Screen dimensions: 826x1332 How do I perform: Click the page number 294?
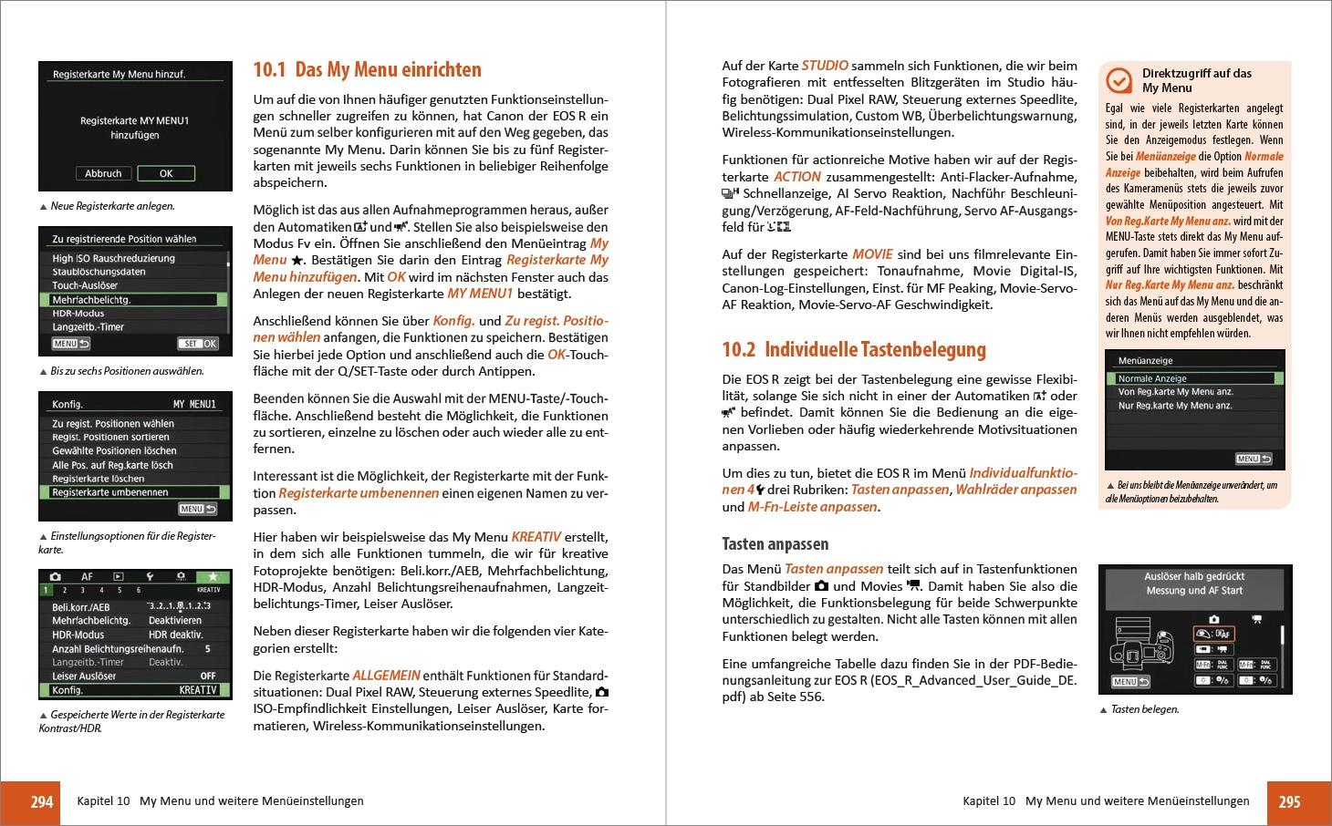(42, 802)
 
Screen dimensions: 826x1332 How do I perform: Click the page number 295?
(1288, 802)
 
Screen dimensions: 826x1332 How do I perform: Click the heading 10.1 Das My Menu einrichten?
(367, 70)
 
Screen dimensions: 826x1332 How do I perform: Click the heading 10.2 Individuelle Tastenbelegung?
(854, 350)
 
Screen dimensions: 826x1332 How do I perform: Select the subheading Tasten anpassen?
(775, 544)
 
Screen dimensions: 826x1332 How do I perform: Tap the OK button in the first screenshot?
(166, 173)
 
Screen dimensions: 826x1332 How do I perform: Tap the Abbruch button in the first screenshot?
(103, 173)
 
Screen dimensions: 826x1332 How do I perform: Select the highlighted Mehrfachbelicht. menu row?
(132, 299)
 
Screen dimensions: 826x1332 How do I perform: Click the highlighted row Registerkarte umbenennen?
(132, 492)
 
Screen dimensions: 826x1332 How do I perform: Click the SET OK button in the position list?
(198, 344)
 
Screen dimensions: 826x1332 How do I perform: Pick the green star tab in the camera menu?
(213, 577)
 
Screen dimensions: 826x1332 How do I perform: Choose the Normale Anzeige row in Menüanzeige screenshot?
(1194, 378)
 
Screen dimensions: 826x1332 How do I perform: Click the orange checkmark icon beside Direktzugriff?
(1119, 81)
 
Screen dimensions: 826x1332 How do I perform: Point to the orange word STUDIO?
(825, 66)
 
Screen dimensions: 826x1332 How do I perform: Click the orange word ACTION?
(796, 177)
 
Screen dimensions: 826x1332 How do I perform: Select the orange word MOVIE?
(873, 254)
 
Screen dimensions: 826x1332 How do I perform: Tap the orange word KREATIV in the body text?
(536, 537)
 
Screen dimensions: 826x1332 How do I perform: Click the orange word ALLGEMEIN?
(386, 676)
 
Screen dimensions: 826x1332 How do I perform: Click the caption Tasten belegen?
(1144, 709)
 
